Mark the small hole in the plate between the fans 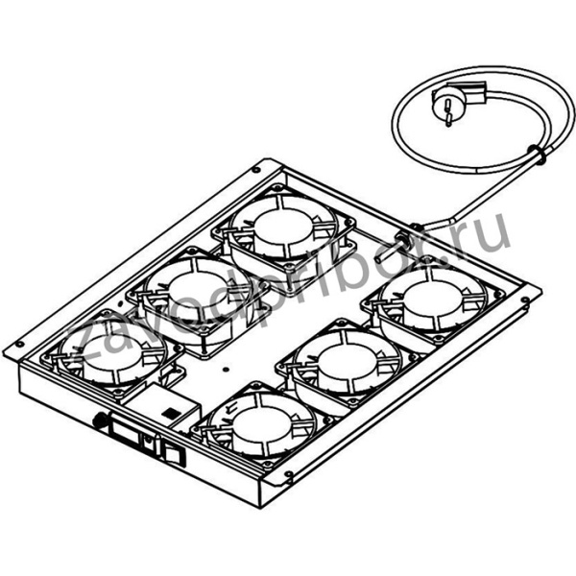pos(224,365)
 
